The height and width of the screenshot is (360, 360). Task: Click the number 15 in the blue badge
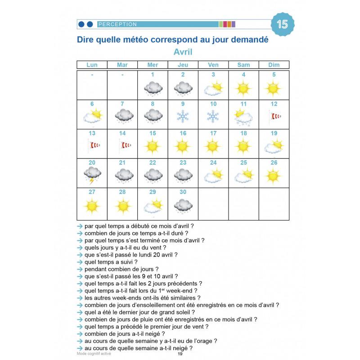pos(283,24)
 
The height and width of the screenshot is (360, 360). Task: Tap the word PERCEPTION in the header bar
pos(117,24)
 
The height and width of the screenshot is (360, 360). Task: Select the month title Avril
pos(183,52)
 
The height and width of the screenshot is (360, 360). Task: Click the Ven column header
pos(213,65)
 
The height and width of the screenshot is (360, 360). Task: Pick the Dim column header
pos(274,65)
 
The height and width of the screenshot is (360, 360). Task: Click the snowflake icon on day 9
pos(183,117)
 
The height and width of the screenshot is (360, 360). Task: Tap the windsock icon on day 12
pos(274,117)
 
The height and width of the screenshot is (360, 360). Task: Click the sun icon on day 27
pos(92,206)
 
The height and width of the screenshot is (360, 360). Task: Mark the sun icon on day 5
pos(274,88)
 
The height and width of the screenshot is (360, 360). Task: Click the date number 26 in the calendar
pos(274,162)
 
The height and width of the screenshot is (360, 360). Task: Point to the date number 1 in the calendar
pos(153,75)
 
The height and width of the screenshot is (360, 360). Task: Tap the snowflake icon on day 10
pos(213,117)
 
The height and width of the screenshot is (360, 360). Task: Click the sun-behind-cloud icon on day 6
pos(92,117)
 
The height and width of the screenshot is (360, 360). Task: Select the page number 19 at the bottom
pos(180,354)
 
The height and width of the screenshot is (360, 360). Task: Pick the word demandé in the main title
pos(247,40)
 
